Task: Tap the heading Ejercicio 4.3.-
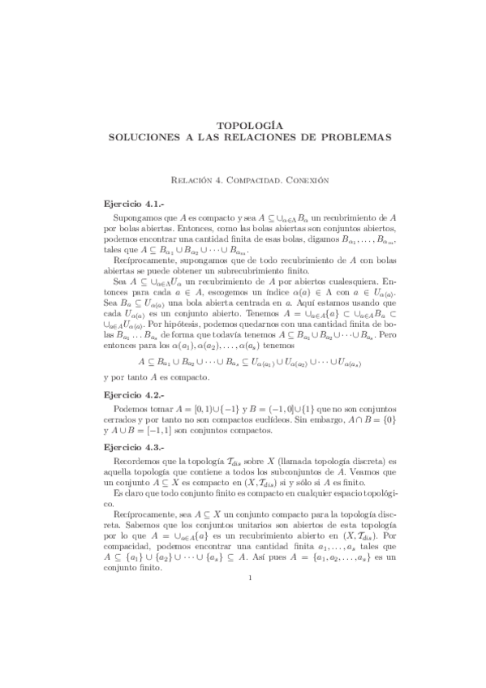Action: click(x=130, y=447)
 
